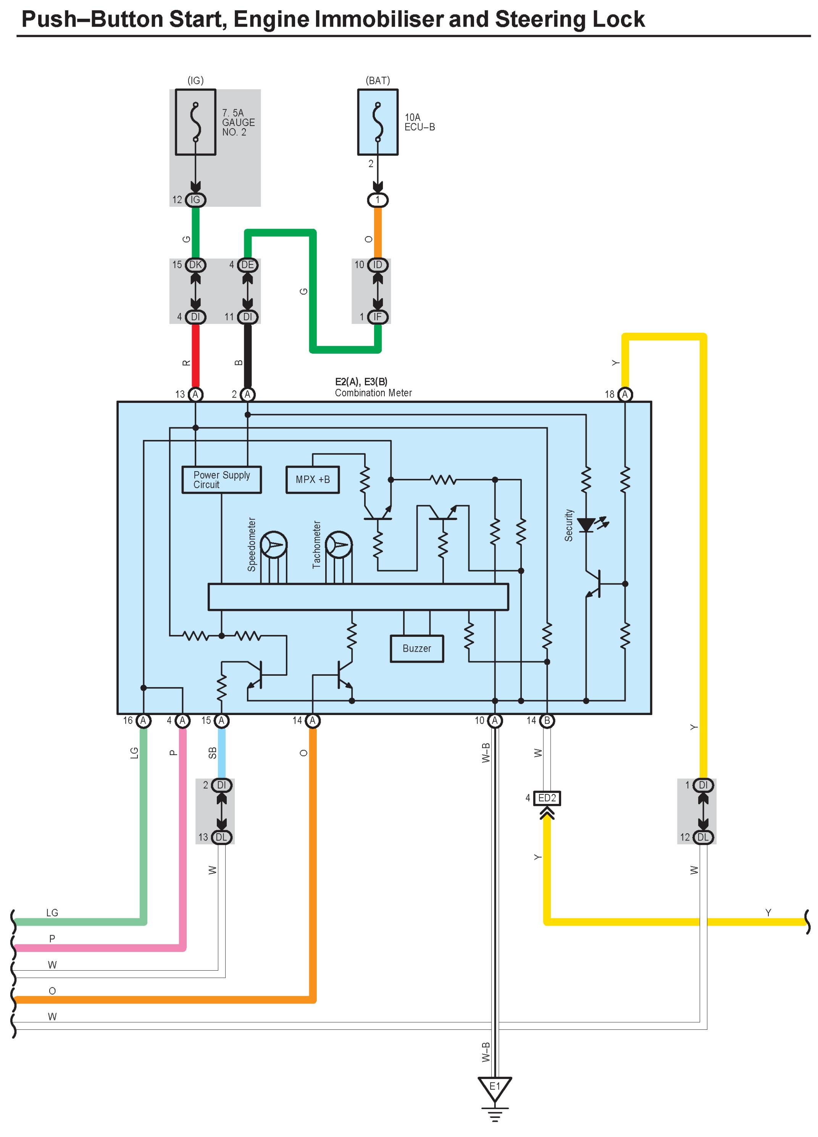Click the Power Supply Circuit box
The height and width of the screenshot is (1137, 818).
(x=221, y=480)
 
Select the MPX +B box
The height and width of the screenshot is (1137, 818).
(x=313, y=480)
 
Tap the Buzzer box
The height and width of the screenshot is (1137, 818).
(x=417, y=649)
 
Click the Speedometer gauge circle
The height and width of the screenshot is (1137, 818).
(x=274, y=544)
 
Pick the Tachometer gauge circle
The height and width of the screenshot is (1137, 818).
(x=339, y=544)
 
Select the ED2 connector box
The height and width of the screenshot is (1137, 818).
(x=547, y=797)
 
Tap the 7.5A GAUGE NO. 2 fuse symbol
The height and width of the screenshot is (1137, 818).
(x=195, y=122)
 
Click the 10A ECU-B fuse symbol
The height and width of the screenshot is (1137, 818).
(x=378, y=122)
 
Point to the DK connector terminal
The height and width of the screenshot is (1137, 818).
(x=195, y=265)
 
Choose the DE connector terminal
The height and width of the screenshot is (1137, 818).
(x=248, y=265)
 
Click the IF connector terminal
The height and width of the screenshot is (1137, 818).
(x=378, y=317)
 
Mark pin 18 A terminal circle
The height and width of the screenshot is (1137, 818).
(x=625, y=395)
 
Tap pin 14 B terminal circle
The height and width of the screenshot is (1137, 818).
(x=547, y=720)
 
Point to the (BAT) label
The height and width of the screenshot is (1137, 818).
(x=378, y=80)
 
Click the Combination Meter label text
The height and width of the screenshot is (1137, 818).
(x=373, y=393)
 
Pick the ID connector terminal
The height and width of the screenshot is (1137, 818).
(x=378, y=265)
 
